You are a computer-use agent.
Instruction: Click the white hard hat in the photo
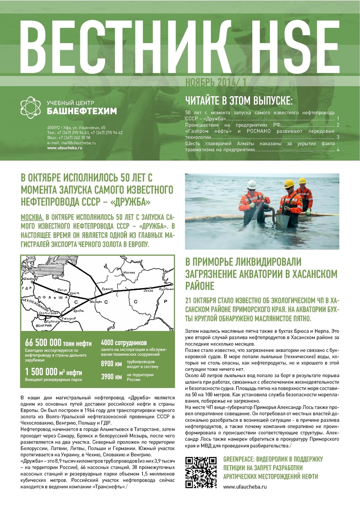coord(252,185)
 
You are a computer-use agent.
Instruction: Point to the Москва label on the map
coord(129,273)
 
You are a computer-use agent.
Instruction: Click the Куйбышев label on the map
coord(167,290)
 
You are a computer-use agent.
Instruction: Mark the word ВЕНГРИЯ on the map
coord(32,324)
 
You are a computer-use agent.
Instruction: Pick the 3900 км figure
coord(111,377)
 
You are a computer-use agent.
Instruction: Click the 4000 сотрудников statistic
coord(124,342)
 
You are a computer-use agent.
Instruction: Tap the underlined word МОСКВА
coord(32,216)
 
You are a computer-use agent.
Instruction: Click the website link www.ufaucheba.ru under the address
coord(65,148)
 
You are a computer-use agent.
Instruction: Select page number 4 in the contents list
coord(337,149)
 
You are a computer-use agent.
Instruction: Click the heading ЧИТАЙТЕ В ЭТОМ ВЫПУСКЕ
coord(239,99)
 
